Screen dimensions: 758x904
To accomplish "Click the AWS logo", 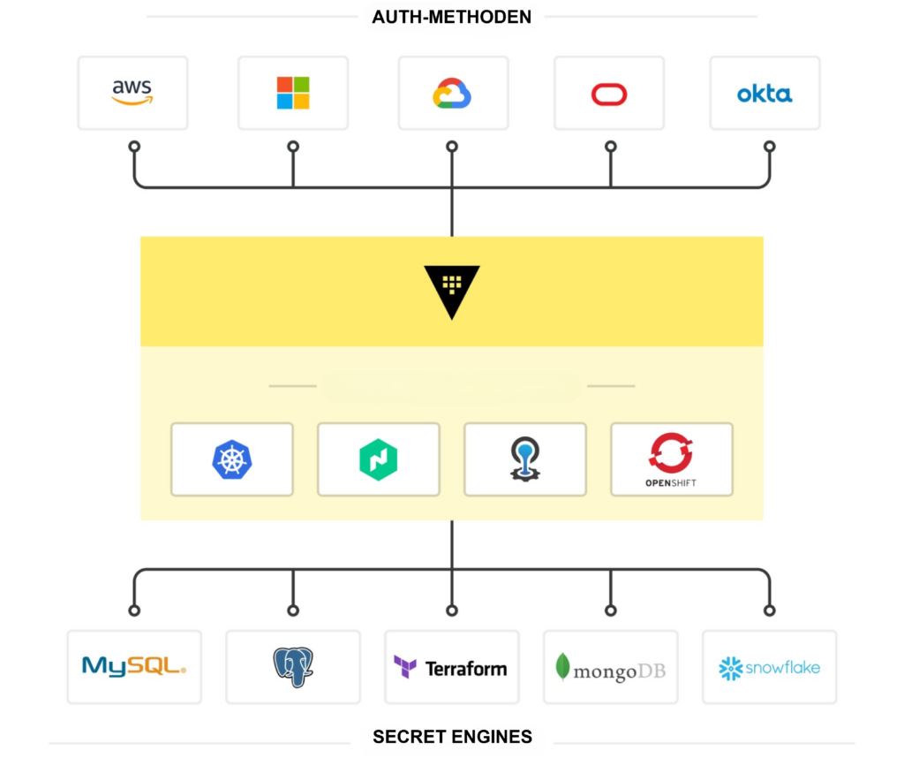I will pos(132,93).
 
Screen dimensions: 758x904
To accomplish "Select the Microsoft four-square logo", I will pos(293,93).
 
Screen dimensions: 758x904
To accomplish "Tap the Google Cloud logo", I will pos(452,93).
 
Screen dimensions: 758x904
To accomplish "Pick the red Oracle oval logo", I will pos(609,94).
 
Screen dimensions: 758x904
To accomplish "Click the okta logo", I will pos(765,94).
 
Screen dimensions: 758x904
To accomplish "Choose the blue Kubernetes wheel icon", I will pos(231,459).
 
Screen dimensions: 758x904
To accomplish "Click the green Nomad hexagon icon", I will pos(378,459).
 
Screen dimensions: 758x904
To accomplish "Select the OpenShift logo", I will pos(671,459).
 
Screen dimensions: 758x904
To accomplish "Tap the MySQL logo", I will pos(134,666).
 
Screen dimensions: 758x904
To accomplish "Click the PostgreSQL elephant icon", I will pos(293,667).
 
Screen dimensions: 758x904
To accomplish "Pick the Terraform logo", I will pos(451,667).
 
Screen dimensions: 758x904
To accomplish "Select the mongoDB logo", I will pos(610,668).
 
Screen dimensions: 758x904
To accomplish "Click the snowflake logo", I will pos(769,667).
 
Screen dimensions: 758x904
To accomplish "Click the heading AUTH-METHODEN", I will pos(452,17).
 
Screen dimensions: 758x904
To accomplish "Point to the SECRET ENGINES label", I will pos(452,736).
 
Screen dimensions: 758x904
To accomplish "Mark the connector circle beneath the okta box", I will pos(769,146).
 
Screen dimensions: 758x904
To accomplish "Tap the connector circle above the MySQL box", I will pos(134,610).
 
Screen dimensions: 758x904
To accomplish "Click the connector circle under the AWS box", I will pos(134,146).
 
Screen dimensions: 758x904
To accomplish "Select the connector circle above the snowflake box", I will pos(769,610).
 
